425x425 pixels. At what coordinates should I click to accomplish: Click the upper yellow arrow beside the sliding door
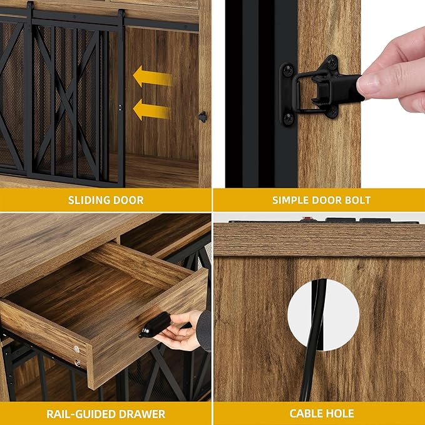coord(152,78)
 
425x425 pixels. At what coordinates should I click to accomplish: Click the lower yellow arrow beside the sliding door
coord(152,111)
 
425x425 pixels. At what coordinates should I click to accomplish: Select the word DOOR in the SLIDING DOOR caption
coord(129,200)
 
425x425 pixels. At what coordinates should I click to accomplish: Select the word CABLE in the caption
coord(305,414)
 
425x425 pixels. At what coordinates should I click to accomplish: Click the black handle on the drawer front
coord(154,324)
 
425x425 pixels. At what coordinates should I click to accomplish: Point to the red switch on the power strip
coord(307,220)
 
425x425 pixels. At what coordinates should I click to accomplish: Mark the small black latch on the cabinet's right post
coord(202,116)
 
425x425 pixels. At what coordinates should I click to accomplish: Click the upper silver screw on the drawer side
coord(77,349)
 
